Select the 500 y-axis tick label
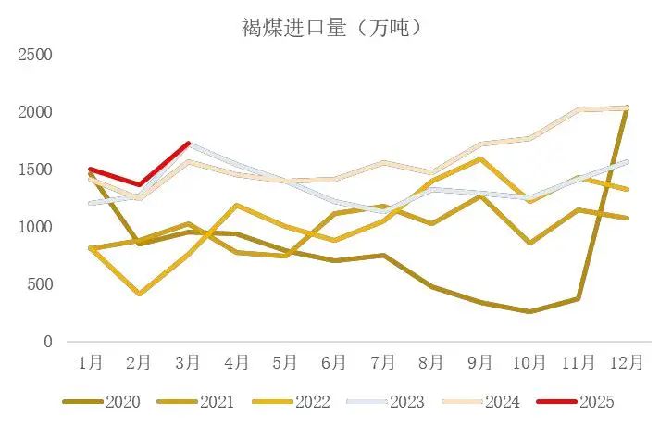click(40, 284)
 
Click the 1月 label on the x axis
click(90, 362)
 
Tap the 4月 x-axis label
click(236, 362)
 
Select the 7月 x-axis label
click(382, 362)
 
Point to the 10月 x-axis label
click(529, 362)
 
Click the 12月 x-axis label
click(627, 362)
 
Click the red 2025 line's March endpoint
click(188, 144)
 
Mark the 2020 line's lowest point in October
click(529, 312)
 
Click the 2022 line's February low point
click(139, 294)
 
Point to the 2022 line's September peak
click(480, 158)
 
